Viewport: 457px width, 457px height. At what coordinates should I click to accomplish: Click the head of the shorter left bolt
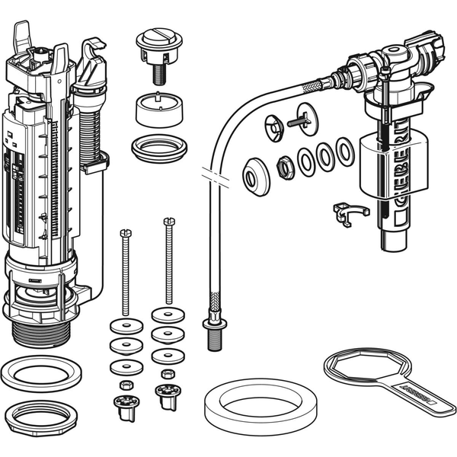[126, 232]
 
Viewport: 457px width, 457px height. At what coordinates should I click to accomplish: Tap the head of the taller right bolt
[168, 222]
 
